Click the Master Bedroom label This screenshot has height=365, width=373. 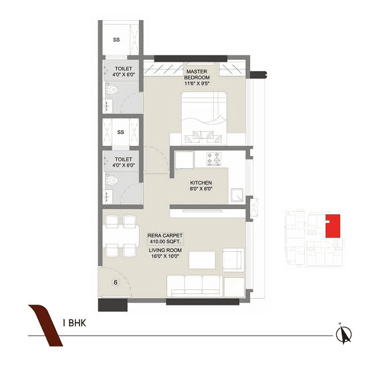[199, 74]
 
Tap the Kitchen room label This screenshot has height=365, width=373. [201, 183]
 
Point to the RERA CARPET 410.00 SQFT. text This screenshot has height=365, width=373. [165, 238]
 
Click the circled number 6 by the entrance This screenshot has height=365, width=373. [116, 282]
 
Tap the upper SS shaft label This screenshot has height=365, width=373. [116, 40]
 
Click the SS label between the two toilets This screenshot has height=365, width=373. [121, 132]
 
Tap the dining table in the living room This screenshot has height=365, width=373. [121, 236]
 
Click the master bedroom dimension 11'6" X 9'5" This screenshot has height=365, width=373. [199, 84]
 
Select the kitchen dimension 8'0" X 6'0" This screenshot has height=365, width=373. [201, 190]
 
